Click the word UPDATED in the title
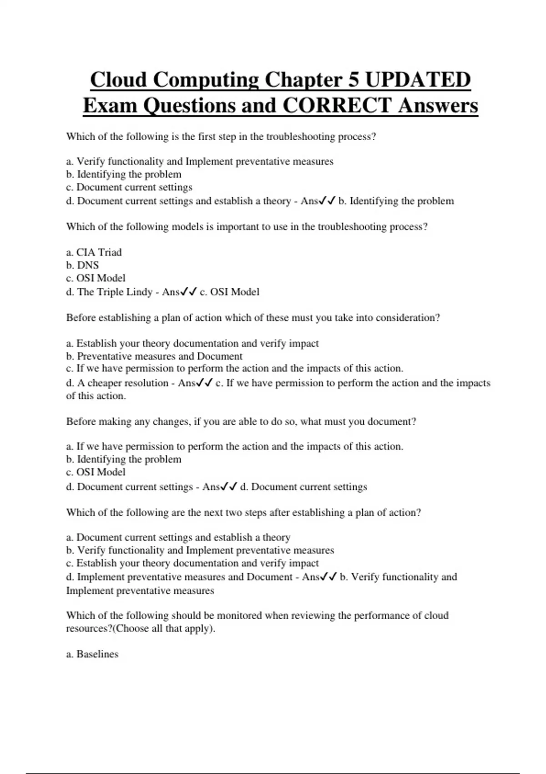418,80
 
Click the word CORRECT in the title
337,106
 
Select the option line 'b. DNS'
82,265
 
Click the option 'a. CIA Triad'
94,252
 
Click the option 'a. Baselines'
92,654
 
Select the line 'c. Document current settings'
129,187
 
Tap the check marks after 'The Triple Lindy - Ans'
189,292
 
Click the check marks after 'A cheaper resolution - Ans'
204,383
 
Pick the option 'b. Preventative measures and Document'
154,356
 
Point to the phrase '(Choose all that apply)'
165,629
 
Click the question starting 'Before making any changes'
241,422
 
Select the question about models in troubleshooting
247,227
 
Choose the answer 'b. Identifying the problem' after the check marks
396,201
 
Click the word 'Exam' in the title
110,106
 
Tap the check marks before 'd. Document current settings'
229,487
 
